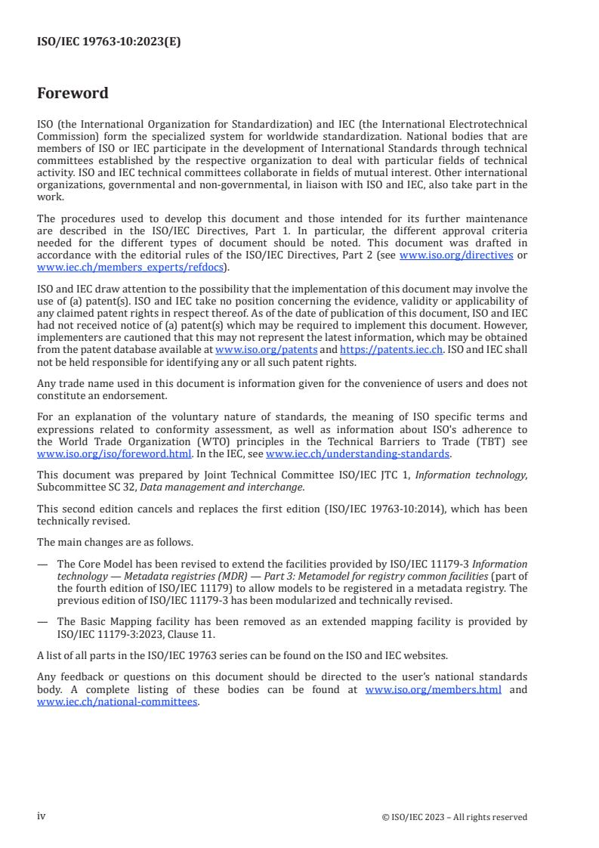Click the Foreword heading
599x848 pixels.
[73, 94]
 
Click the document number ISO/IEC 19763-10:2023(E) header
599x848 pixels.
[109, 44]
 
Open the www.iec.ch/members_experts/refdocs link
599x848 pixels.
[131, 267]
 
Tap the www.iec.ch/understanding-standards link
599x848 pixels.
[357, 454]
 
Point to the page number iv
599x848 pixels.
[42, 816]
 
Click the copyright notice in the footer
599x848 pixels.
[455, 816]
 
